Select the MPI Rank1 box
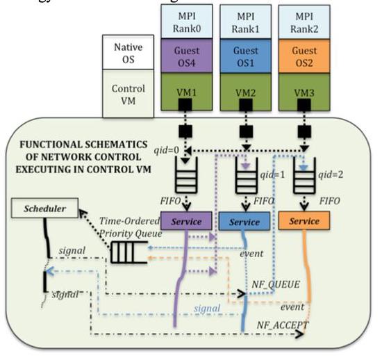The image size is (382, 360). [x=246, y=18]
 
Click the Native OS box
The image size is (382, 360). [x=128, y=54]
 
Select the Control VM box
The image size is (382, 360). [x=128, y=92]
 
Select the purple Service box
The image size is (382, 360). [x=185, y=222]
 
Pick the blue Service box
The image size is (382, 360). [x=244, y=222]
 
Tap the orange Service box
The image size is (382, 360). [x=305, y=222]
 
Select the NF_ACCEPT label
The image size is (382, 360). [x=283, y=324]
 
